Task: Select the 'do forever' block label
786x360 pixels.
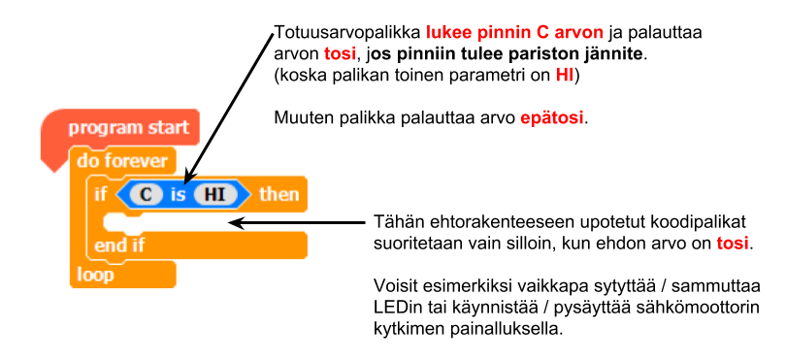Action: pos(122,161)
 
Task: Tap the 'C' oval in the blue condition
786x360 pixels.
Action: pos(146,194)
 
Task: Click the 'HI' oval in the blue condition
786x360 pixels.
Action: pos(215,194)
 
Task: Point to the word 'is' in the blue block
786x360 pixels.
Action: pos(178,194)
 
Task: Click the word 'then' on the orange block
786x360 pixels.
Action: pos(278,194)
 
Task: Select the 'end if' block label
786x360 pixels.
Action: pos(118,245)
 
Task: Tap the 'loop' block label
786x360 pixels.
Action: pos(95,275)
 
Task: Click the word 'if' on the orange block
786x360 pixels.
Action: pos(100,194)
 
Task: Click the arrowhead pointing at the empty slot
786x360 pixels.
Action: pos(237,222)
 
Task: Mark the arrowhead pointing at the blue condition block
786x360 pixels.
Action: pos(188,177)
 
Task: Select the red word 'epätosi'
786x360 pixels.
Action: pos(551,118)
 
